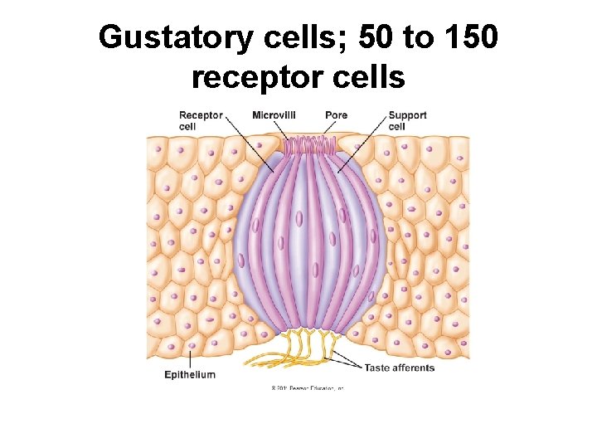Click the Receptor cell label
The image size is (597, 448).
[x=200, y=120]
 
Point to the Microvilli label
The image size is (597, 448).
[x=274, y=114]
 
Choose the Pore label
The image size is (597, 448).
[x=337, y=114]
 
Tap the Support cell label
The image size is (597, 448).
[x=407, y=120]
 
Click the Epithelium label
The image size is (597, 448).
[x=190, y=375]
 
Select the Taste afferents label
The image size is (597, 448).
[x=399, y=368]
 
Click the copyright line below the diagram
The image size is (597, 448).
[x=307, y=387]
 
